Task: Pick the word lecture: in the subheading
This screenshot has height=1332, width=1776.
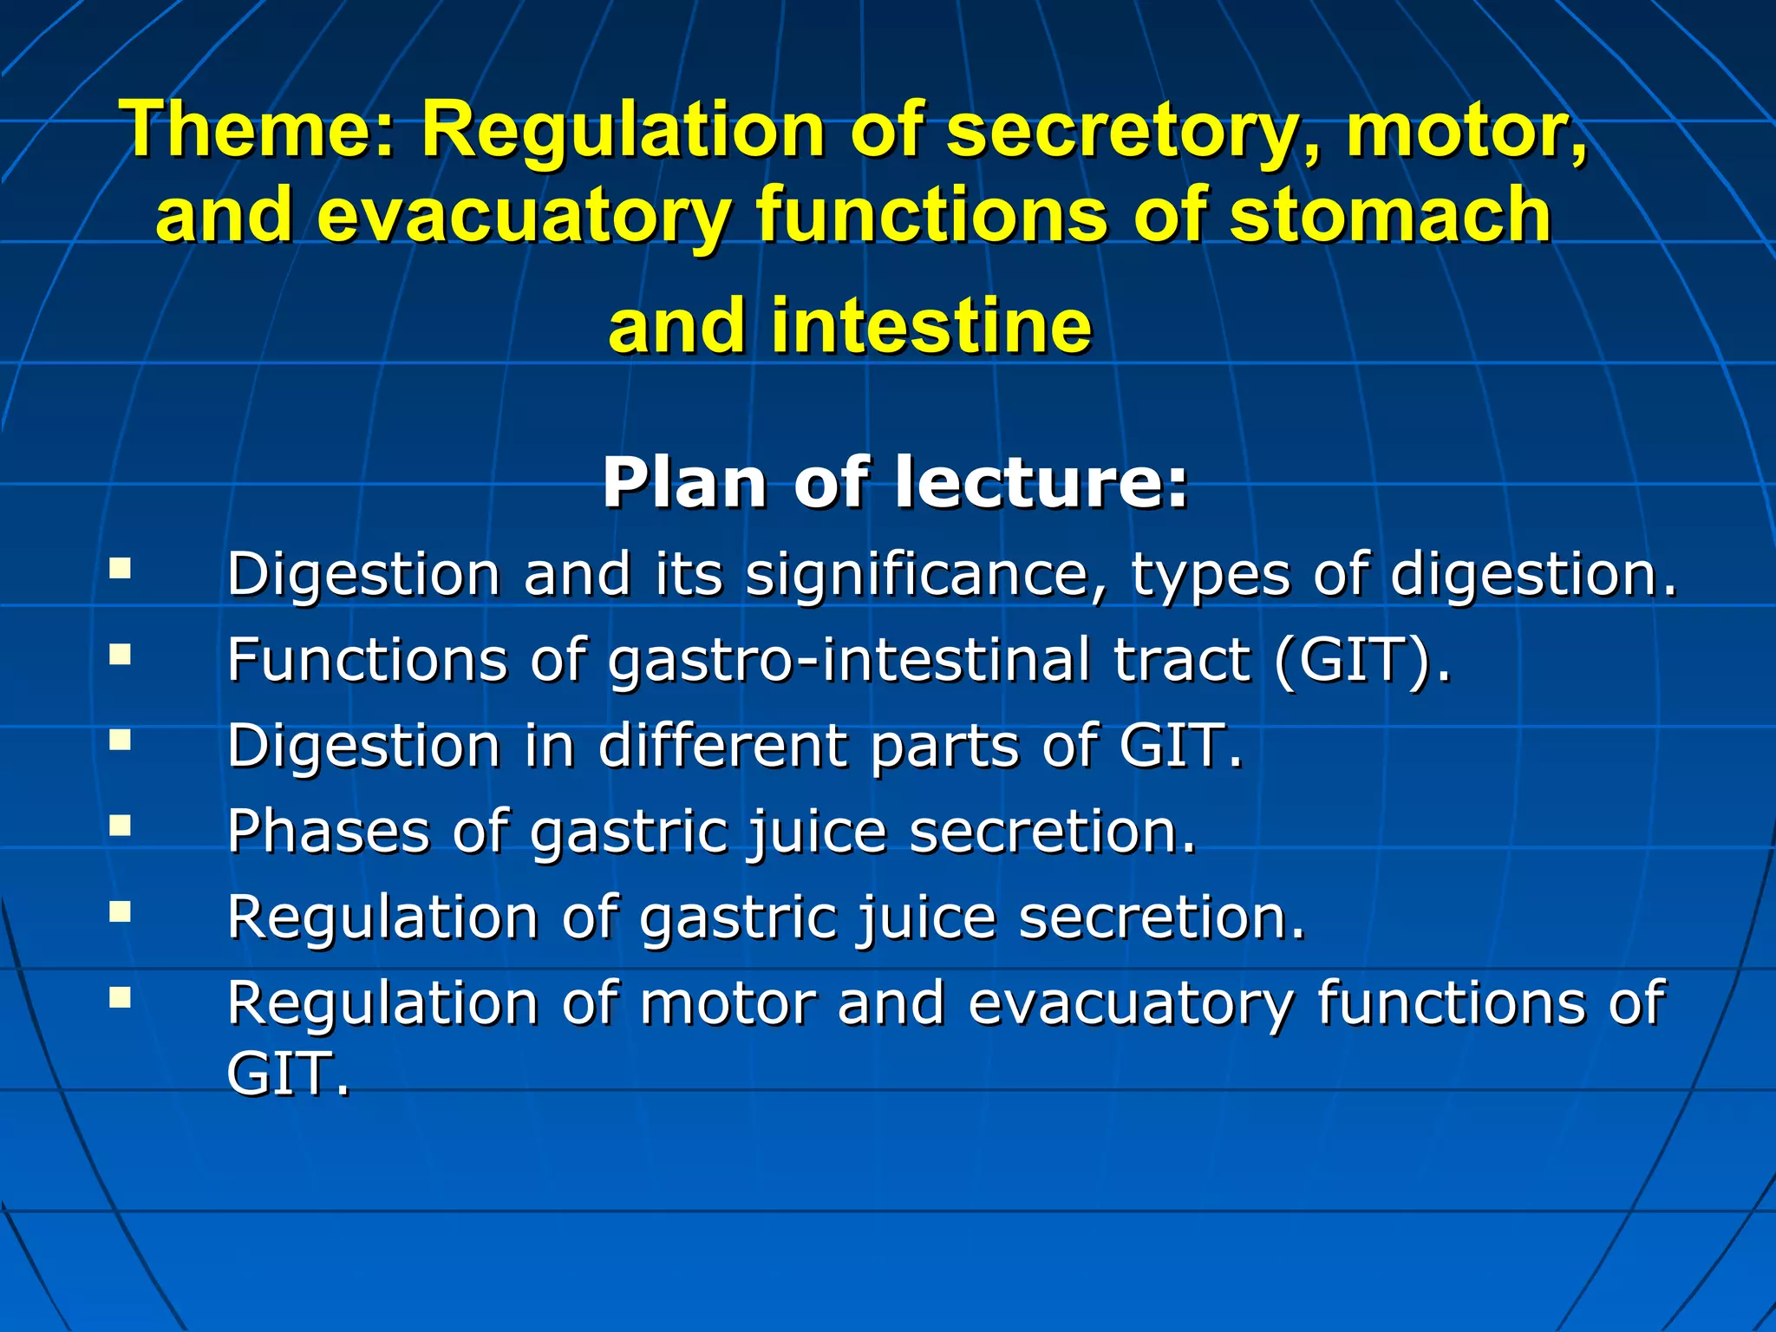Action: pyautogui.click(x=1041, y=483)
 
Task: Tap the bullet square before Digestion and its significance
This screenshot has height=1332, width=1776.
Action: pyautogui.click(x=120, y=569)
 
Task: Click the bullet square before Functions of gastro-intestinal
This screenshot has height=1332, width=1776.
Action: pyautogui.click(x=120, y=654)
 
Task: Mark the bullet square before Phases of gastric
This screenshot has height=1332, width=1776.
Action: pyautogui.click(x=120, y=825)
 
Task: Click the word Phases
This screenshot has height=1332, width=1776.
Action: pyautogui.click(x=329, y=832)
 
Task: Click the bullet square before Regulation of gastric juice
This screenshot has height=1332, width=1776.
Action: pyautogui.click(x=120, y=911)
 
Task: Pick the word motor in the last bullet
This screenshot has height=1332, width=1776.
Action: pyautogui.click(x=728, y=1003)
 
